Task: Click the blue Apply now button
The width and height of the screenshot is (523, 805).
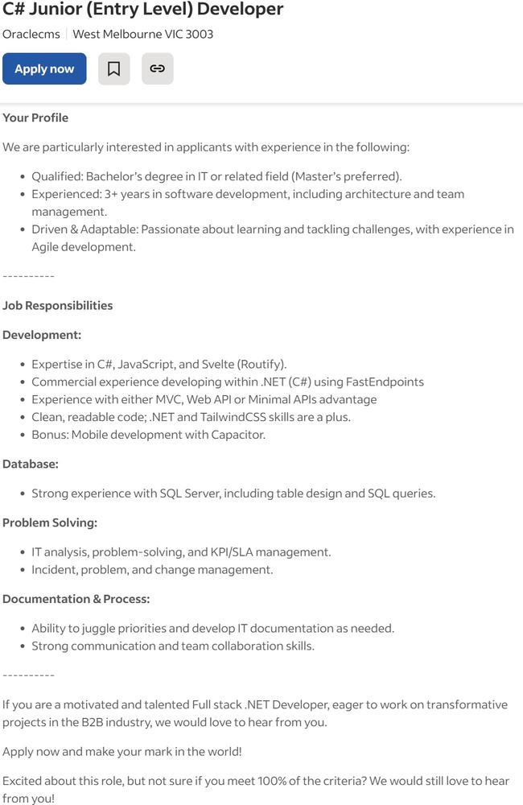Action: tap(44, 69)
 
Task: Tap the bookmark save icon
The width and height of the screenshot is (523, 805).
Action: tap(114, 69)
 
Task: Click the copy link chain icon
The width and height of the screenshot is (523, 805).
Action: tap(158, 69)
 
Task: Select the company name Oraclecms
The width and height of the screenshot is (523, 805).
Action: tap(31, 35)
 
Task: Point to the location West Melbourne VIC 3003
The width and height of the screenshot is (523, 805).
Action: tap(143, 35)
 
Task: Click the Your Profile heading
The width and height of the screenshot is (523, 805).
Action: tap(35, 118)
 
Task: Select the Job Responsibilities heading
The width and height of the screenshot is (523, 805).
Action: tap(58, 306)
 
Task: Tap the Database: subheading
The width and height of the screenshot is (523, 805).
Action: tap(31, 464)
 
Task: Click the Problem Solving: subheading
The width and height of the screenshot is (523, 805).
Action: tap(50, 523)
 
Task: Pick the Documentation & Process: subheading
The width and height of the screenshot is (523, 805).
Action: tap(76, 600)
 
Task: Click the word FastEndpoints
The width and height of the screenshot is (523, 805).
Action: tap(385, 382)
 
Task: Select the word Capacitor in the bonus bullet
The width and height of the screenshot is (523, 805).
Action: tap(237, 436)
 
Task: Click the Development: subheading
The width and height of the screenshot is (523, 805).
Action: tap(42, 335)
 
